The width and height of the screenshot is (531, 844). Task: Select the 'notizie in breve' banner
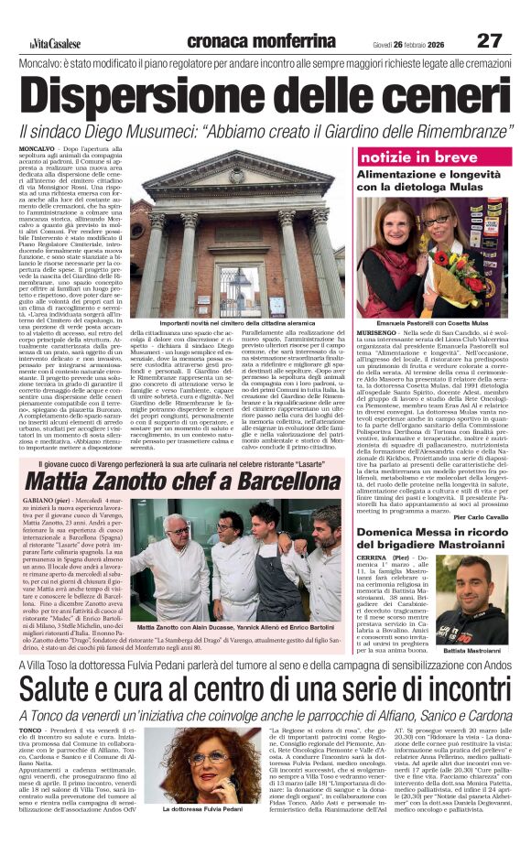pos(400,157)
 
